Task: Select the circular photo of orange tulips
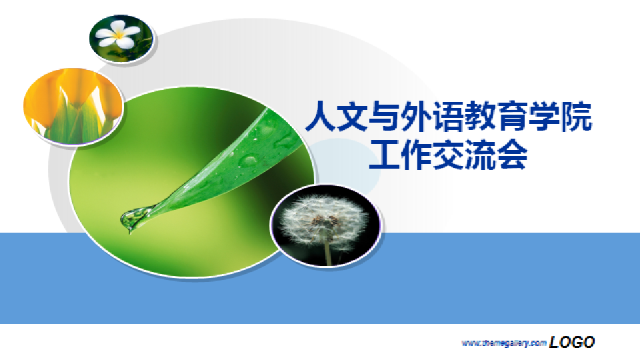pyautogui.click(x=73, y=106)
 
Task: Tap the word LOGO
pyautogui.click(x=572, y=342)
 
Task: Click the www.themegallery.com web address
pyautogui.click(x=504, y=343)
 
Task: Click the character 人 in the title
pyautogui.click(x=321, y=117)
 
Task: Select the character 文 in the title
pyautogui.click(x=352, y=117)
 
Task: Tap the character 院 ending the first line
pyautogui.click(x=576, y=117)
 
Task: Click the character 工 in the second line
pyautogui.click(x=384, y=155)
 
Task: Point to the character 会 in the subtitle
pyautogui.click(x=512, y=155)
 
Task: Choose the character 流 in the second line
pyautogui.click(x=480, y=155)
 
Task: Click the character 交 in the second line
pyautogui.click(x=448, y=155)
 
